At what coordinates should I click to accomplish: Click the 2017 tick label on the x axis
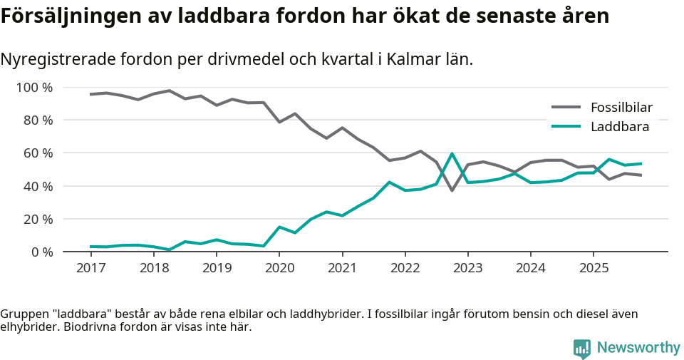(x=90, y=267)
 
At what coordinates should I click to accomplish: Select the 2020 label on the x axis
(x=279, y=267)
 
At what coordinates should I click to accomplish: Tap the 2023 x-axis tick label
(x=468, y=267)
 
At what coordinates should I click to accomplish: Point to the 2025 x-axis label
(x=594, y=267)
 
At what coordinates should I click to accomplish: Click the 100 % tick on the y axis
(x=35, y=88)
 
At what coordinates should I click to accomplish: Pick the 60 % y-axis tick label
(x=38, y=153)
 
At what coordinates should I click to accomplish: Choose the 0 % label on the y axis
(x=41, y=252)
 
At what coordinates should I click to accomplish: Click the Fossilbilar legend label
(x=621, y=108)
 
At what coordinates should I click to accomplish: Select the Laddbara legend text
(x=619, y=127)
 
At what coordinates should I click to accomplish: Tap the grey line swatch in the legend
(x=566, y=108)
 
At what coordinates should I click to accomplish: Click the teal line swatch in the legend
(x=566, y=127)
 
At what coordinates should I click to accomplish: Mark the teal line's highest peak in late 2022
(x=452, y=153)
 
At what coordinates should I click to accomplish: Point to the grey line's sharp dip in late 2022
(x=452, y=190)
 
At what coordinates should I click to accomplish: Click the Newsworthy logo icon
(x=582, y=348)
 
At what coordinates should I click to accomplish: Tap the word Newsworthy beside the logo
(x=638, y=348)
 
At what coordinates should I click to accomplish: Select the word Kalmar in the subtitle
(x=403, y=60)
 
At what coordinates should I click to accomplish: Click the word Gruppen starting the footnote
(x=23, y=314)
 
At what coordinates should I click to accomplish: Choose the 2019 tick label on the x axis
(x=217, y=267)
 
